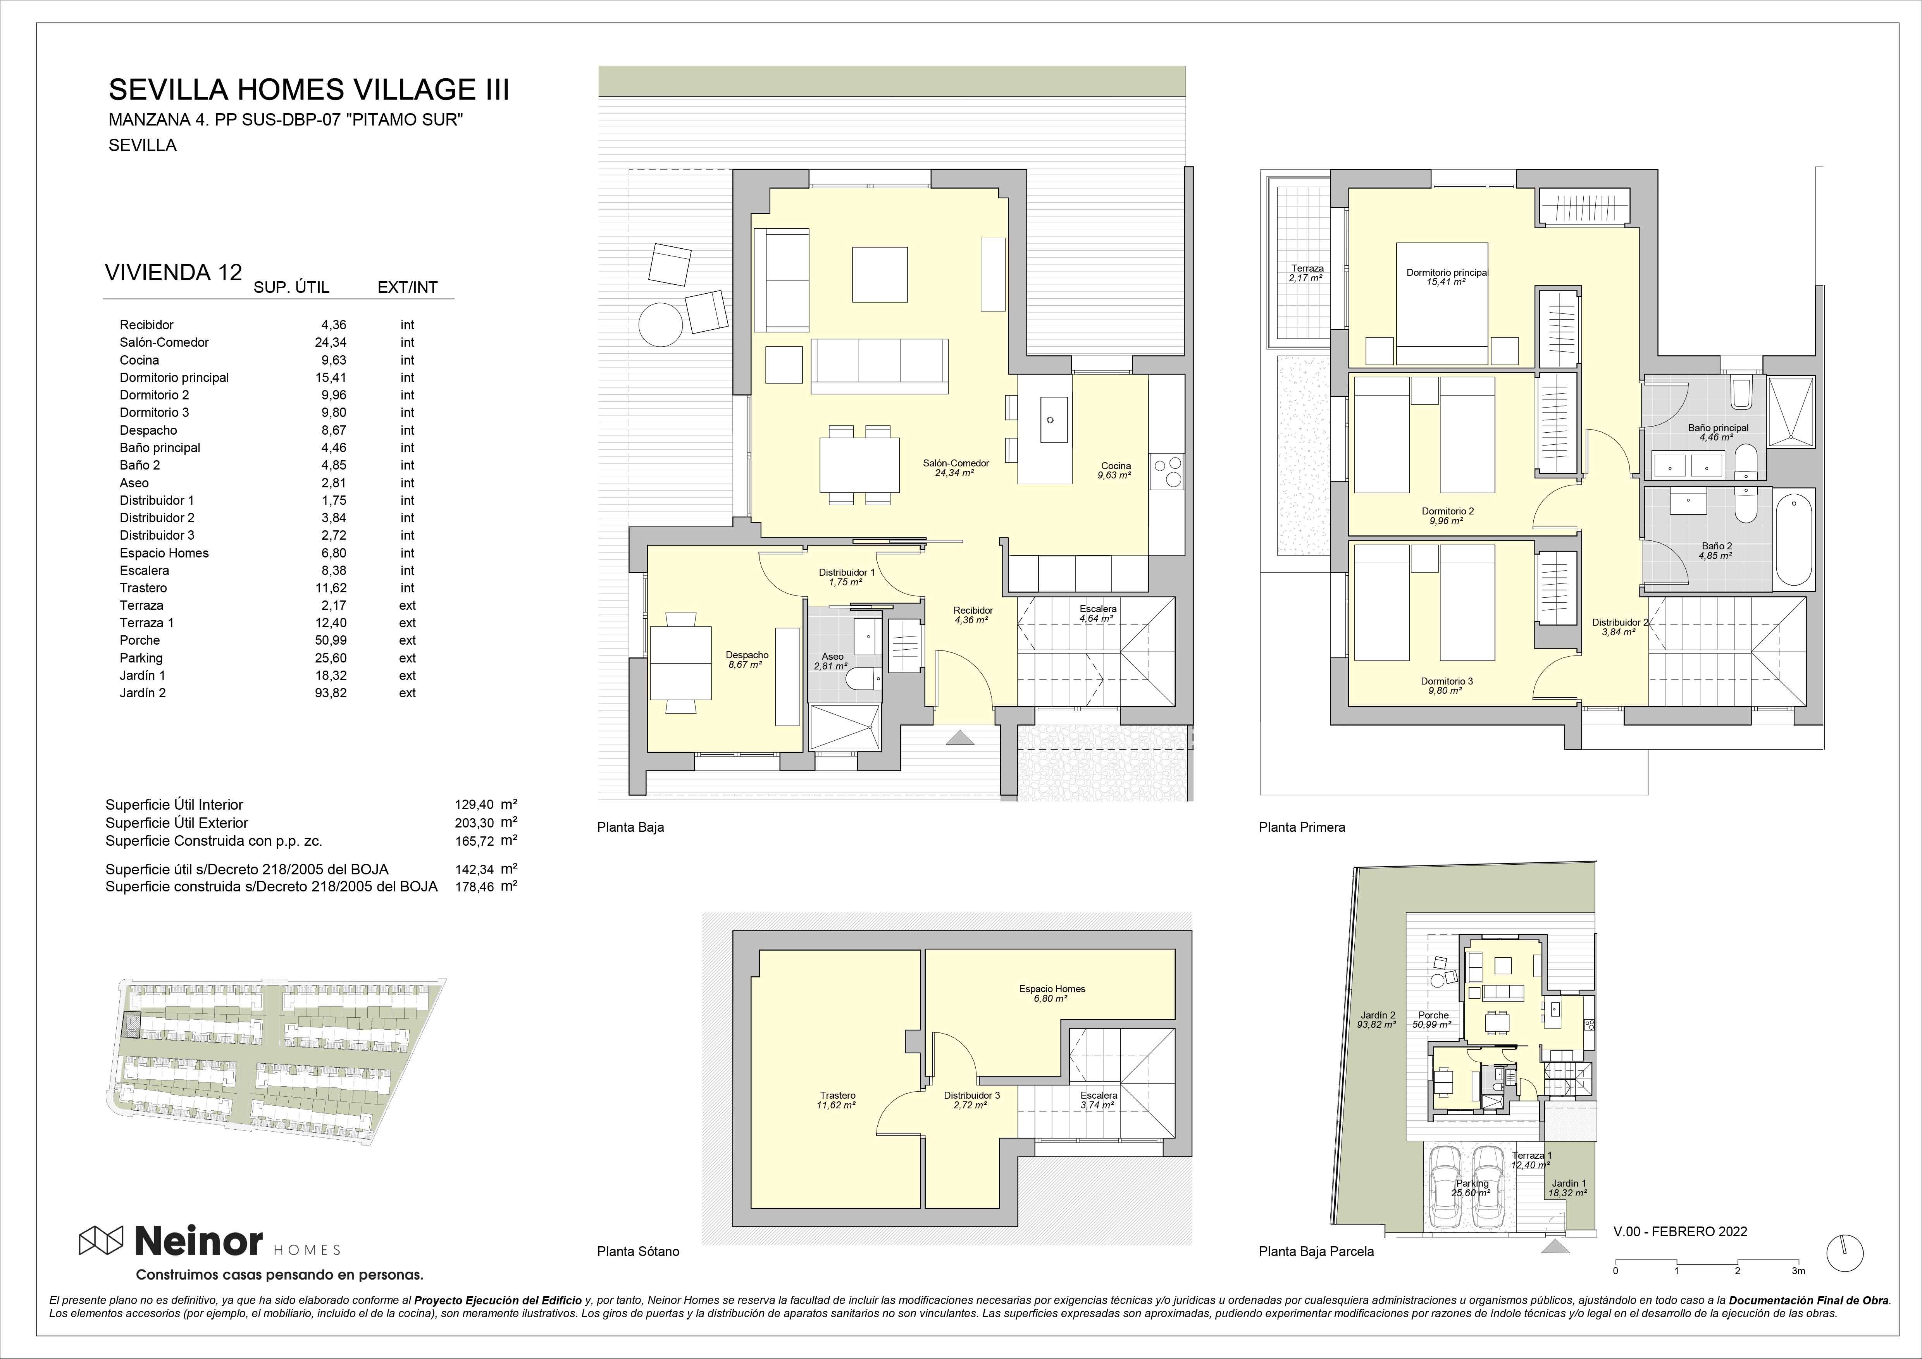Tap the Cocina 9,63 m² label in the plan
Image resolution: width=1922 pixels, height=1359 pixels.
1115,470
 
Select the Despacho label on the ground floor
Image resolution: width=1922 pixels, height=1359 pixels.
747,655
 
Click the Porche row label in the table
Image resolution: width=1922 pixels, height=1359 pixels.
140,640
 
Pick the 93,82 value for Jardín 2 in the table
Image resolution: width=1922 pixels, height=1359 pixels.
331,693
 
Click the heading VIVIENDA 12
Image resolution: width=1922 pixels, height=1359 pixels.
173,272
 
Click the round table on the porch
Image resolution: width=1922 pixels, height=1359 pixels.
661,323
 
